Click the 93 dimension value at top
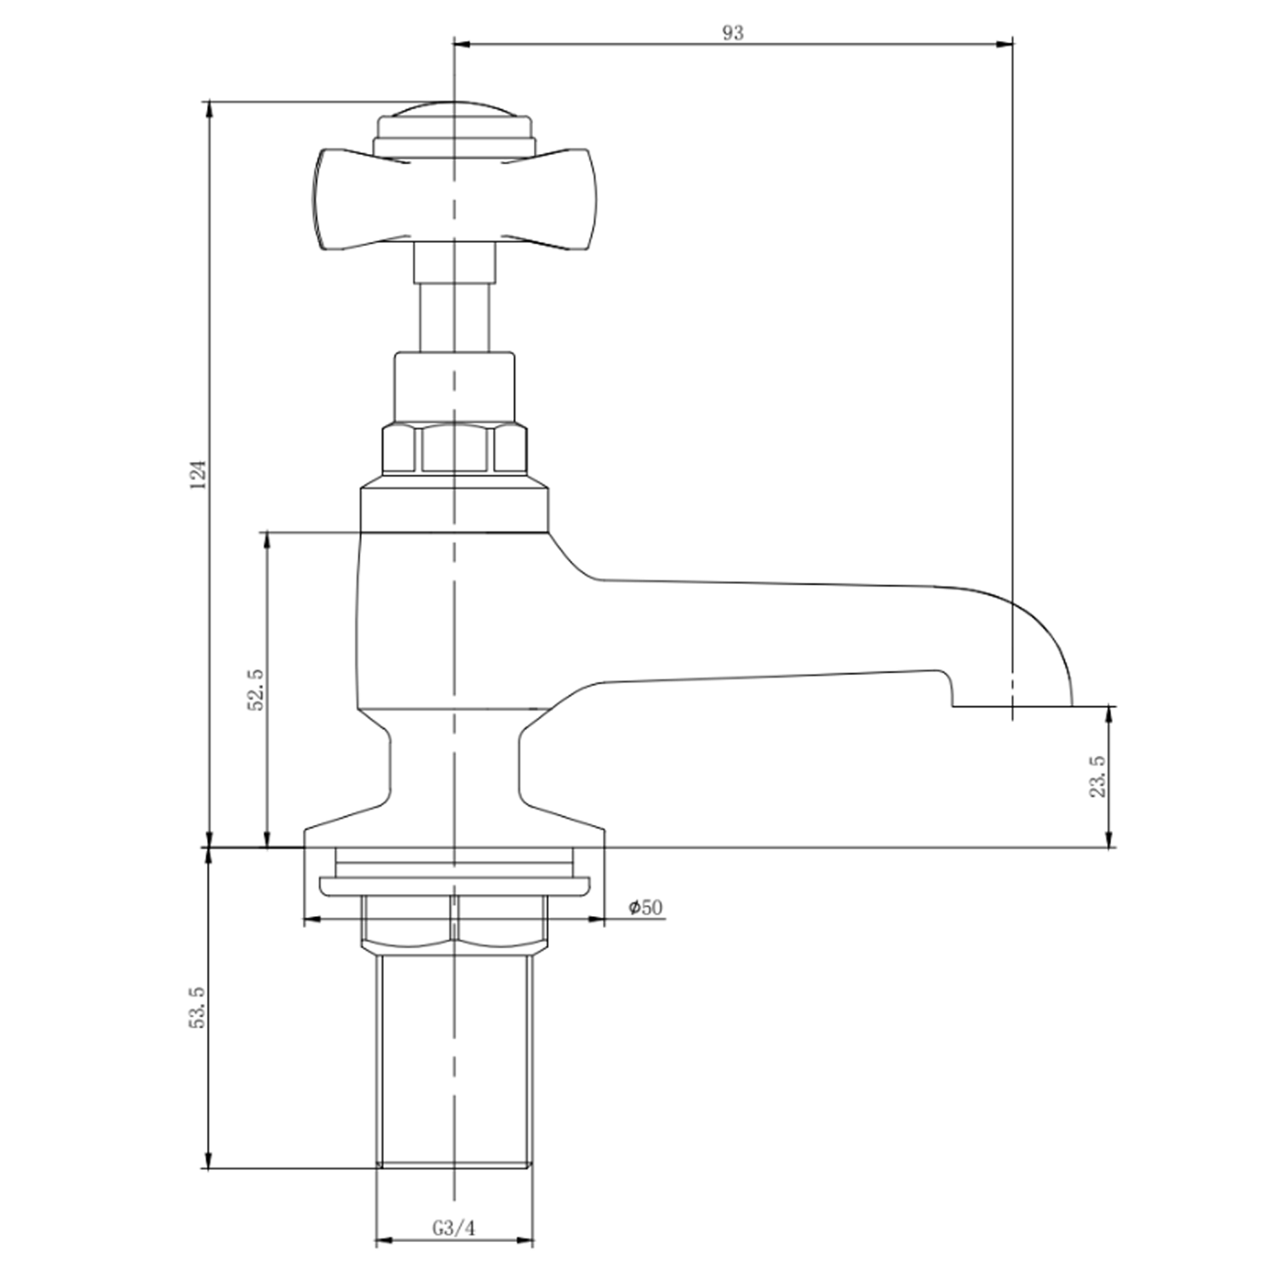732,33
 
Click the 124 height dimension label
198,474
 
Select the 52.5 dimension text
256,689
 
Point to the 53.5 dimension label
198,1009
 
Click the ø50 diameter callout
645,908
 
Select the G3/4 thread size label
453,1228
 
